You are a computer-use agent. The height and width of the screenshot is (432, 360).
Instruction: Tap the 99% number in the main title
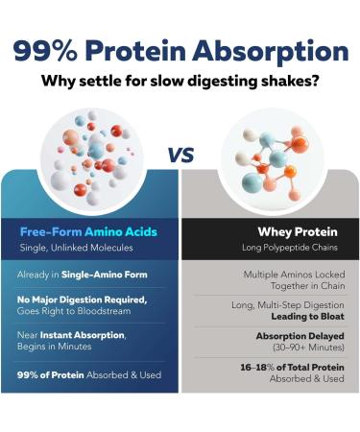tap(47, 51)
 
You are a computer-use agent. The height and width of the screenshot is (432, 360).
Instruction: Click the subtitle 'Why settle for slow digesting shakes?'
tap(180, 81)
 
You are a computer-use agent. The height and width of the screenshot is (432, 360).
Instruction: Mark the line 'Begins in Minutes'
tap(56, 347)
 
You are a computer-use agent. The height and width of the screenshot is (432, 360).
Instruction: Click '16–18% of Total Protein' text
tap(292, 367)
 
